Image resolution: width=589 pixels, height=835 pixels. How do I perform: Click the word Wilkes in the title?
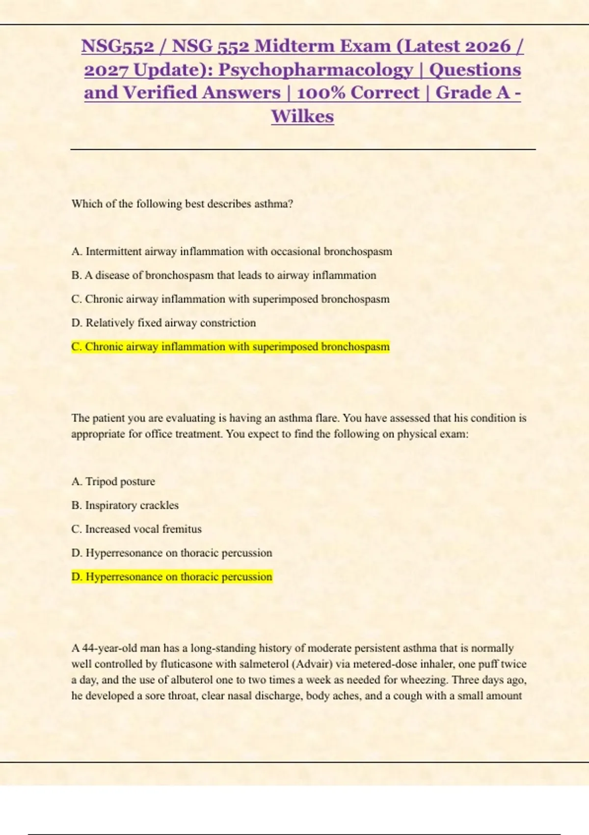(302, 116)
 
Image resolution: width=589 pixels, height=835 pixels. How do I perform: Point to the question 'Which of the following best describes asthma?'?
(182, 204)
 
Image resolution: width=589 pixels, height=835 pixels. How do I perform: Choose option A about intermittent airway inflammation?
(232, 251)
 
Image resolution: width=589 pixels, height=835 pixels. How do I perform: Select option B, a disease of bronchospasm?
(224, 275)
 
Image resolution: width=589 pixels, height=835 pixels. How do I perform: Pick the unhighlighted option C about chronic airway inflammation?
(230, 299)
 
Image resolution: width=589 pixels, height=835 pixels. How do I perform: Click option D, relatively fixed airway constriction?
(163, 323)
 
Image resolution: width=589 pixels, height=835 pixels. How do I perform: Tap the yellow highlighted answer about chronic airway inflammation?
(230, 347)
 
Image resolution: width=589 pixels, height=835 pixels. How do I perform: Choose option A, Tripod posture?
(113, 481)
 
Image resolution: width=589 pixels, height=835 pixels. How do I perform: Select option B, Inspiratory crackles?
(125, 505)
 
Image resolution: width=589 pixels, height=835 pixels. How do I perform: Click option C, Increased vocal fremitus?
(136, 529)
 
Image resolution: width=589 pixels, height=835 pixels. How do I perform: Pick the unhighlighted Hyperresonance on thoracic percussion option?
(171, 553)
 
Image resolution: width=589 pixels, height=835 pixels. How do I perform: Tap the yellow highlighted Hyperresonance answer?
(171, 577)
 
